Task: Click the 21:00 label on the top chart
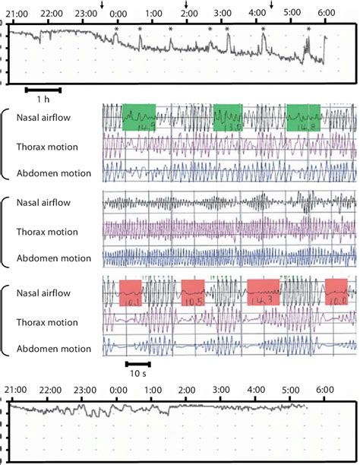(16, 14)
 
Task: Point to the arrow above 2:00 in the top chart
(187, 5)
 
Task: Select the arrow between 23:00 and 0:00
(103, 5)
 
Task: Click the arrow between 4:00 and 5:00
(272, 5)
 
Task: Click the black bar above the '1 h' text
(43, 89)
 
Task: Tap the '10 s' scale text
(137, 375)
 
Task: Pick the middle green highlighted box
(227, 117)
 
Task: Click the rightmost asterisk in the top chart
(308, 29)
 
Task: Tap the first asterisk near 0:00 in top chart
(116, 29)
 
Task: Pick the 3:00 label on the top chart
(223, 14)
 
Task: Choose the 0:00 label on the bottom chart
(118, 389)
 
